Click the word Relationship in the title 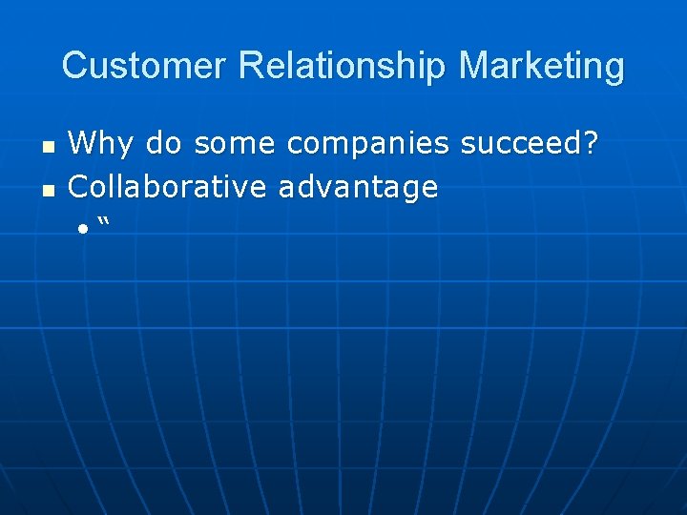coord(343,66)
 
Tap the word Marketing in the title coord(541,66)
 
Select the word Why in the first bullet coord(94,145)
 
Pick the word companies coord(367,145)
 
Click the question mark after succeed coord(592,144)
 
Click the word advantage coord(359,187)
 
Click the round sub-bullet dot coord(83,229)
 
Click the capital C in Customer coord(73,66)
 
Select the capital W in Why coord(80,144)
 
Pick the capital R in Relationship coord(251,66)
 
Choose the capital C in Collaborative coord(79,186)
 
